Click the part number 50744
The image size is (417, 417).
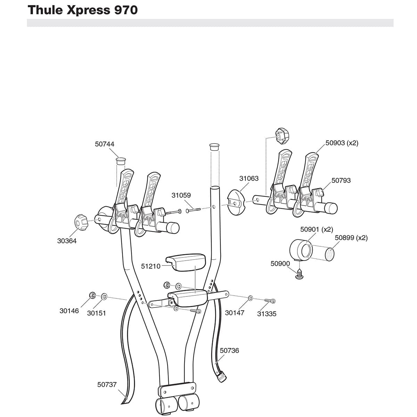[104, 144]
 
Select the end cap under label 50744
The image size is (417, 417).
[121, 161]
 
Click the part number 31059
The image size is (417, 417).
[181, 195]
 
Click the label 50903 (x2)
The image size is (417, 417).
[342, 143]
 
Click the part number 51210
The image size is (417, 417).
[151, 266]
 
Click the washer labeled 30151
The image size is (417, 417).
[104, 297]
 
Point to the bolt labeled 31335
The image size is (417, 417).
[270, 301]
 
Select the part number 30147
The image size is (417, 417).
[235, 313]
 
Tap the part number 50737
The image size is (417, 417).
[107, 384]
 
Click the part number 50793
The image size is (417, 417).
[341, 180]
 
